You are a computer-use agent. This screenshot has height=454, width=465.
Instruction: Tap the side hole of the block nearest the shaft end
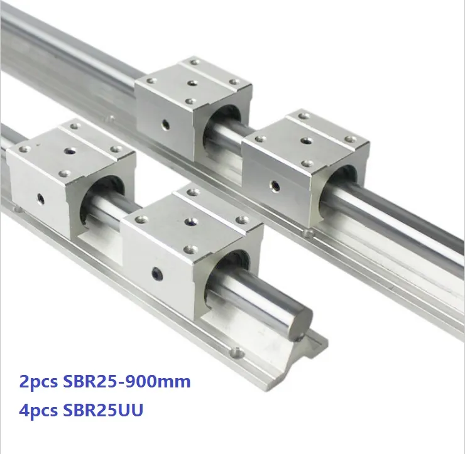pyautogui.click(x=156, y=273)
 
